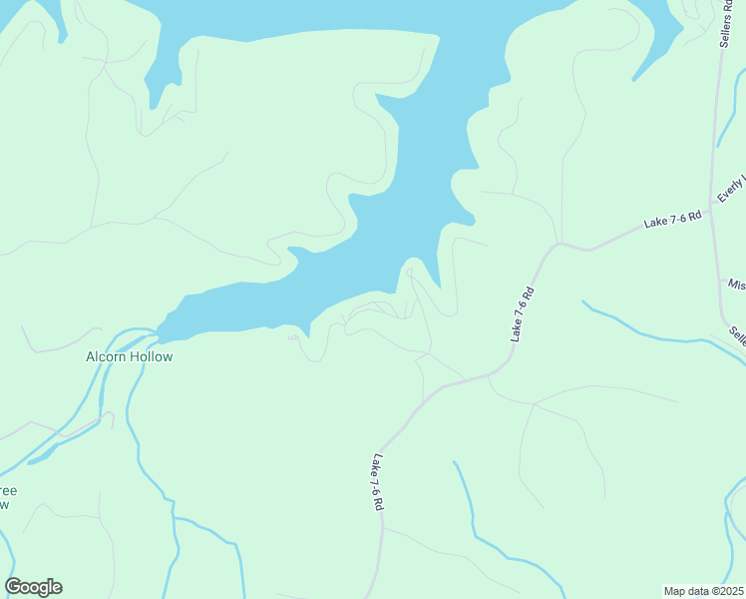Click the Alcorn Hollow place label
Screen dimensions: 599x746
pos(129,356)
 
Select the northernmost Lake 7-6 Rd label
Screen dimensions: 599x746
pos(673,220)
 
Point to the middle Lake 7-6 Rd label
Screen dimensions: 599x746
pos(524,314)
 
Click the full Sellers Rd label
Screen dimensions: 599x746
pos(725,23)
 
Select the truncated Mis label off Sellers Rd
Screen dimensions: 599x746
pos(736,285)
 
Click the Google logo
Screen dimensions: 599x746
pos(33,587)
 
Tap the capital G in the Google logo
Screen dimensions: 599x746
pos(14,587)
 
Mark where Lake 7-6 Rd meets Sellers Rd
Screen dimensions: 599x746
pos(711,212)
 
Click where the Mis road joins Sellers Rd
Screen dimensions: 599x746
pos(722,284)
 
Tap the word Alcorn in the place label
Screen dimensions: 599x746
pos(107,356)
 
